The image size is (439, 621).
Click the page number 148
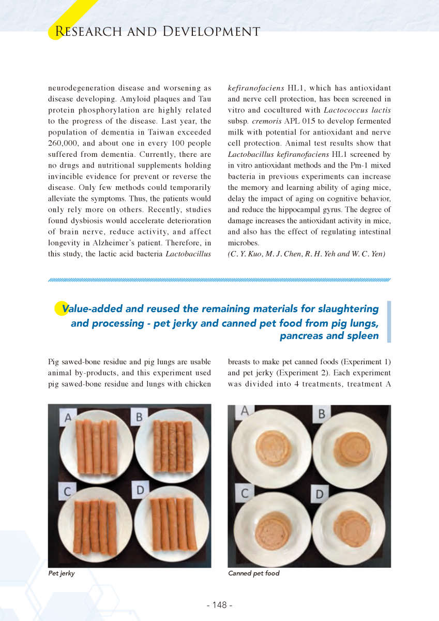click(220, 605)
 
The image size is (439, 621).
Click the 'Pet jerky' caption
click(62, 573)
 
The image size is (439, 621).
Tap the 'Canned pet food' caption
click(253, 573)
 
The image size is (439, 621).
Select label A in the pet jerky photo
click(68, 417)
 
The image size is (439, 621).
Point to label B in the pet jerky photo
click(140, 416)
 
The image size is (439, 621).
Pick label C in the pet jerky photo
click(67, 490)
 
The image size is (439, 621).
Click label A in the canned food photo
click(245, 411)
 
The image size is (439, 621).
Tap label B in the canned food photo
click(321, 414)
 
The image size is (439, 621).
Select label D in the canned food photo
click(320, 495)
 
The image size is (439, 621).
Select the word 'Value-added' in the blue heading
click(94, 309)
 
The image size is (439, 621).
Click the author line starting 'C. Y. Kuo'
click(307, 254)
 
